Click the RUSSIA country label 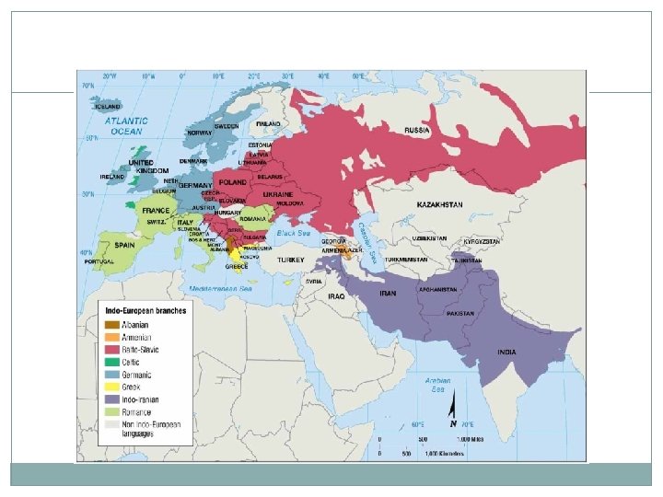tap(417, 131)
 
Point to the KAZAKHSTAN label tap(440, 203)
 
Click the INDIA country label tap(506, 352)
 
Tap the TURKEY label tap(291, 260)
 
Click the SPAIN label tap(126, 245)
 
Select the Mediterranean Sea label tap(221, 288)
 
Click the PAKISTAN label tap(460, 313)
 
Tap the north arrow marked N tap(453, 412)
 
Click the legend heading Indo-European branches tap(145, 310)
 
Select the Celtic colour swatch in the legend tap(111, 362)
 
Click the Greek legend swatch tap(111, 387)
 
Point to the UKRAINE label tap(278, 195)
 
